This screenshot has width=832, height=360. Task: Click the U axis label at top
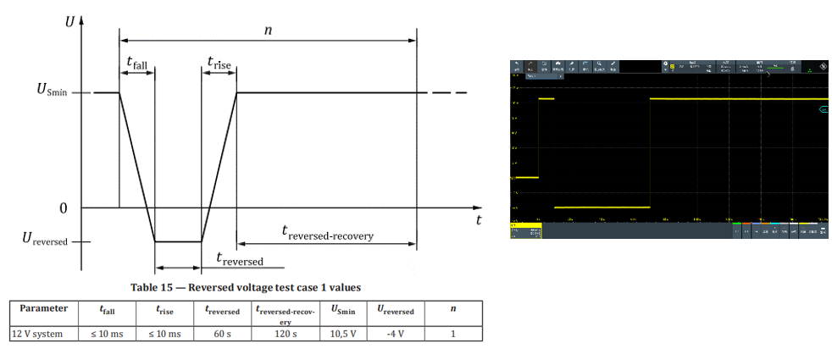click(69, 19)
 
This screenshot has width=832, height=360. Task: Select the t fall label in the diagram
click(136, 63)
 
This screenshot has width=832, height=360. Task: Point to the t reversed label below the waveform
click(240, 260)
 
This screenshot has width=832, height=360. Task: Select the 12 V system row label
click(37, 334)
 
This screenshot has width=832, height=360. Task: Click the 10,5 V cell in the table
click(342, 334)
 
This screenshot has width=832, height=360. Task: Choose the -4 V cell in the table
click(396, 334)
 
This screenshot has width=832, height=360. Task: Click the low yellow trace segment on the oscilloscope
click(602, 207)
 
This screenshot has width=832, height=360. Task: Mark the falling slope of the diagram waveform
click(136, 167)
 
